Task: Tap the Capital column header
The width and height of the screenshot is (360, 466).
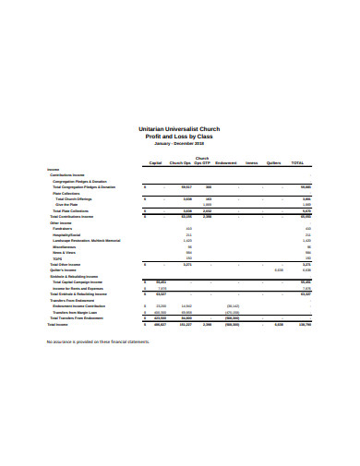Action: [155, 162]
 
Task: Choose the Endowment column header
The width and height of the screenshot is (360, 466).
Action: [226, 162]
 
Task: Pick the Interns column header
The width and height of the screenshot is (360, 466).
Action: [251, 162]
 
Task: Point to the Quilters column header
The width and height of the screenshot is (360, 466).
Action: [273, 162]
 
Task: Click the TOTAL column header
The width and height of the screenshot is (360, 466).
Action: [297, 162]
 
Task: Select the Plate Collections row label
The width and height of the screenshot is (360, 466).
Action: [68, 193]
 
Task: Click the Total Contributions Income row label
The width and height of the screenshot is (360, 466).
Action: [72, 217]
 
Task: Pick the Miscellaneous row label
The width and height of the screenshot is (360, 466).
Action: [66, 246]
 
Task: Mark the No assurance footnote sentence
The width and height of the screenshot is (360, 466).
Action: [97, 341]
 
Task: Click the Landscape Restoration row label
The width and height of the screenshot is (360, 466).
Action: [87, 241]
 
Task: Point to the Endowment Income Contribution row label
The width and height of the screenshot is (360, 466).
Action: [83, 305]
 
